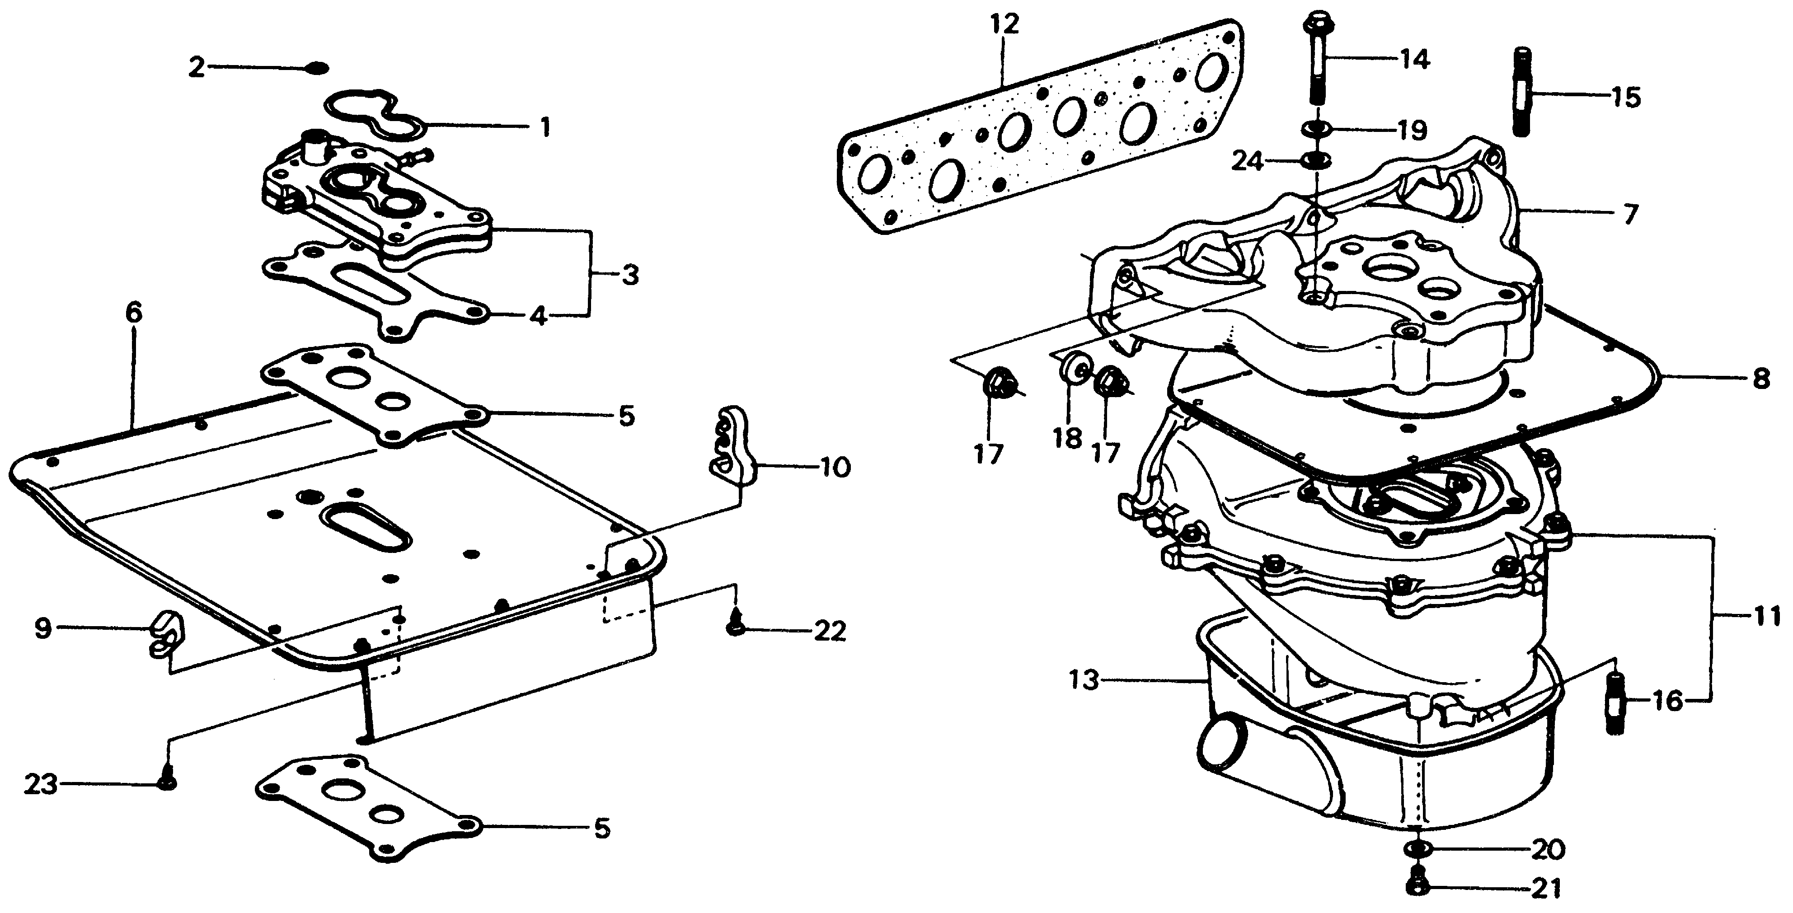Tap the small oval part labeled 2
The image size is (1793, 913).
coord(317,67)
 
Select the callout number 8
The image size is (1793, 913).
coord(1760,380)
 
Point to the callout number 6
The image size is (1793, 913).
coord(134,314)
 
